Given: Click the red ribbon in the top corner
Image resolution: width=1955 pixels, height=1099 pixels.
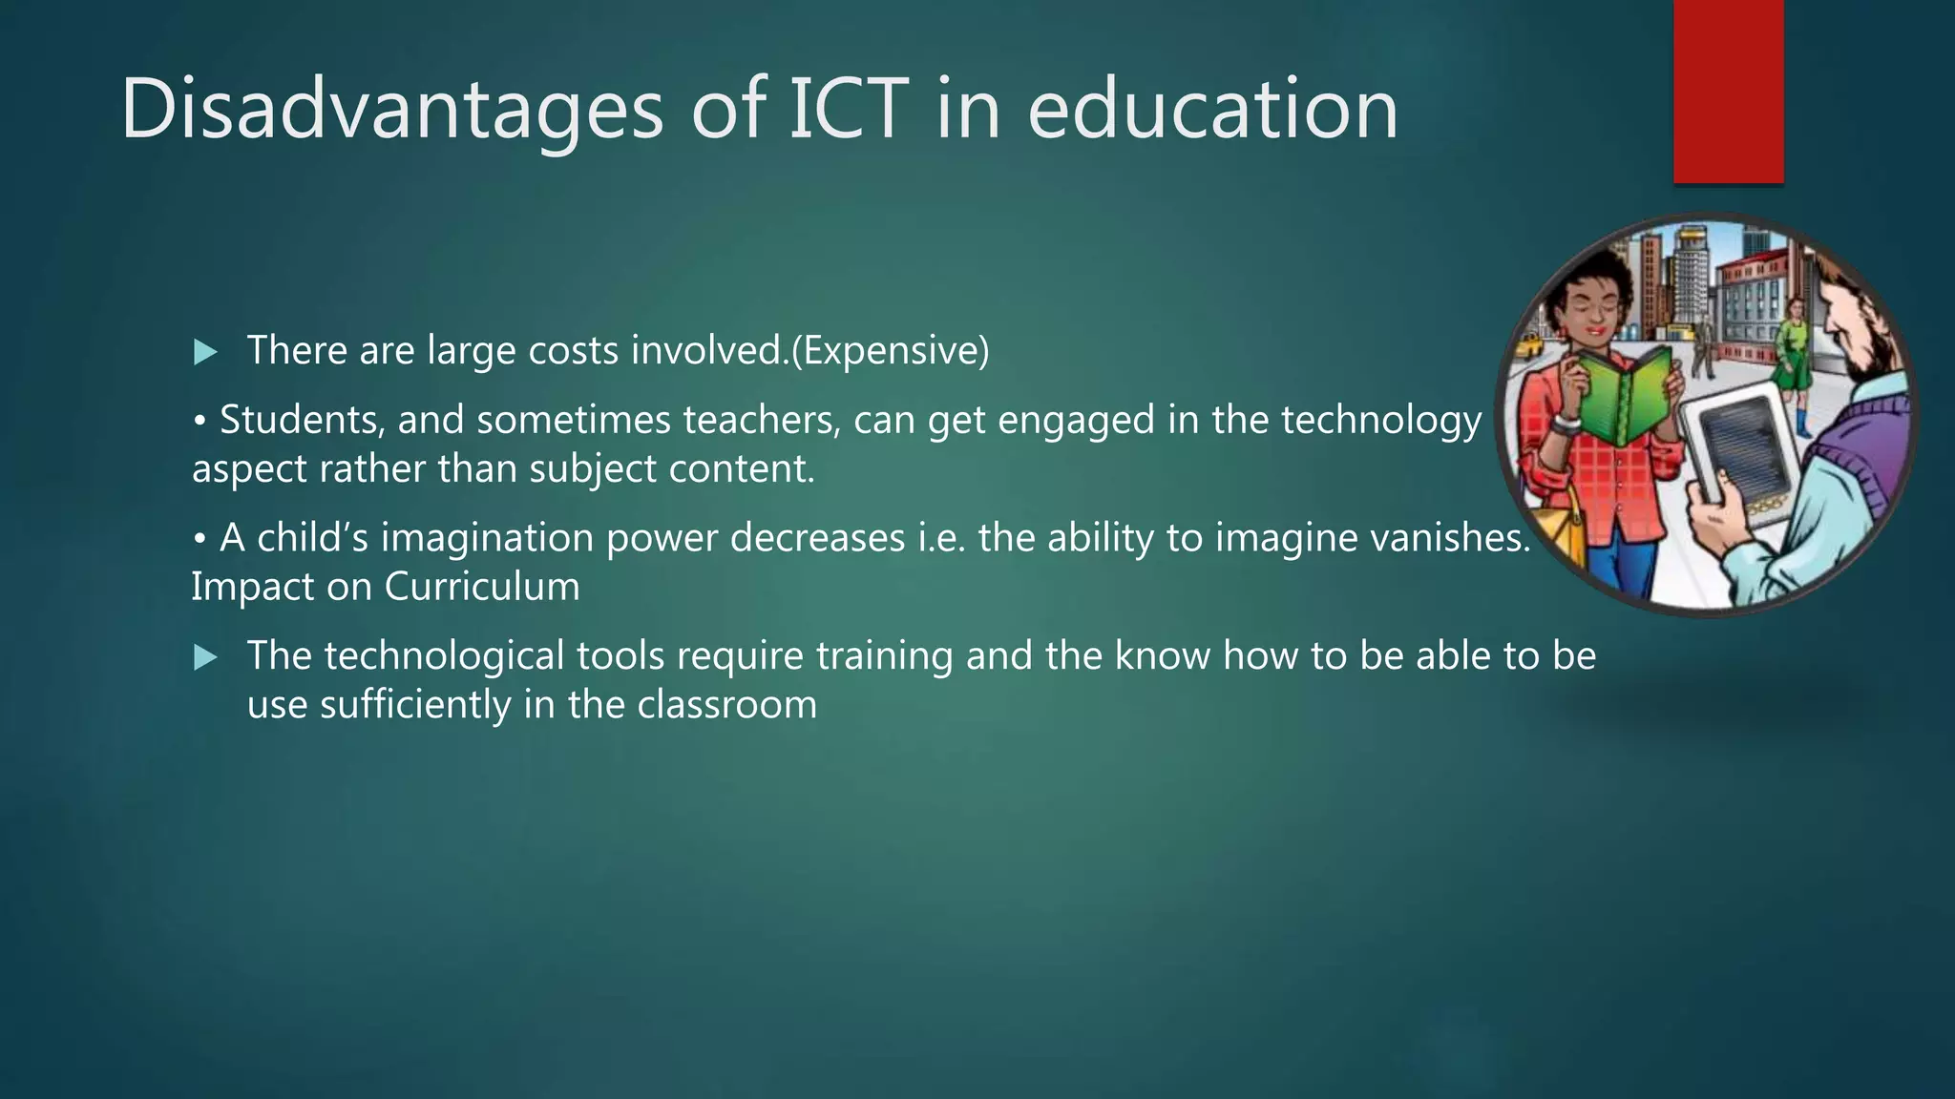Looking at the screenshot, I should pyautogui.click(x=1728, y=91).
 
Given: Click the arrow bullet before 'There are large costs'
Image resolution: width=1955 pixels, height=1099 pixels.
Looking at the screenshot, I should pyautogui.click(x=205, y=354).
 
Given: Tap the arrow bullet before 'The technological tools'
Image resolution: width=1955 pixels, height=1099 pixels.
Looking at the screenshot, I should pyautogui.click(x=205, y=657).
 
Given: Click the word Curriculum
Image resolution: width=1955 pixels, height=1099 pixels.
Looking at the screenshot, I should pyautogui.click(x=482, y=586).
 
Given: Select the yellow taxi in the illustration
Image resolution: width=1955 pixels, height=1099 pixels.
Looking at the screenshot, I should pyautogui.click(x=1529, y=345).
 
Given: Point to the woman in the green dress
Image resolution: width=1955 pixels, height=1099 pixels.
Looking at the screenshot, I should pyautogui.click(x=1792, y=348).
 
